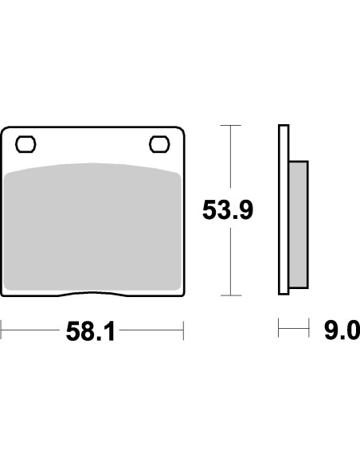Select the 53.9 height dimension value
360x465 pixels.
(x=228, y=210)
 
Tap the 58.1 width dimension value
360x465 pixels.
(x=90, y=331)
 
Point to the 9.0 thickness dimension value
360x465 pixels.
(x=342, y=330)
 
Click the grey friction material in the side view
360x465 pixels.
(x=299, y=225)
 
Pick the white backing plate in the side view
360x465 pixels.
(x=284, y=209)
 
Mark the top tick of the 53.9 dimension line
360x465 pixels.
(x=231, y=126)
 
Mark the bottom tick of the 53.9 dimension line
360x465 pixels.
(x=231, y=295)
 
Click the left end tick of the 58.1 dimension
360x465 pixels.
(x=1, y=330)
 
